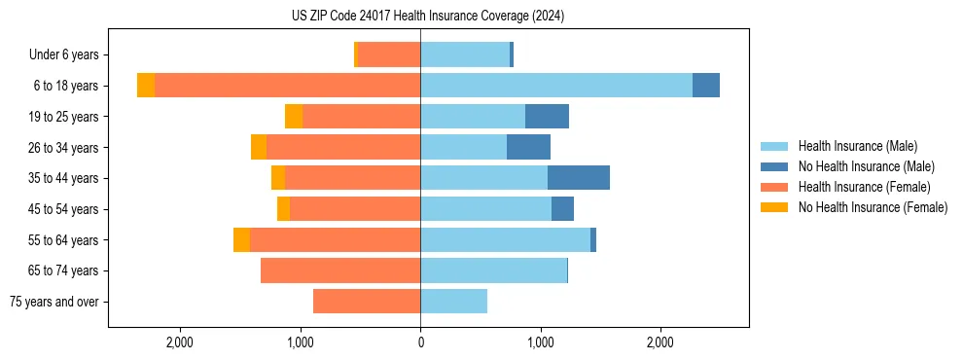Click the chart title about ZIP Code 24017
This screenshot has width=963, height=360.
(x=428, y=17)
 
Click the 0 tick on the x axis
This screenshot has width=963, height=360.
(x=420, y=342)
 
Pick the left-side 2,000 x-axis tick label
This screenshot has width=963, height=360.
(x=180, y=342)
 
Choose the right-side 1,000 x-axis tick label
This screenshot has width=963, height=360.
(x=540, y=342)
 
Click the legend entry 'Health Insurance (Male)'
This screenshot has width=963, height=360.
(x=857, y=146)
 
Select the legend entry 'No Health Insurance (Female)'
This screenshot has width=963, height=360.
(x=873, y=207)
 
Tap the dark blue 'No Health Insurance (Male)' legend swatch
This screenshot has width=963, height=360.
(x=774, y=166)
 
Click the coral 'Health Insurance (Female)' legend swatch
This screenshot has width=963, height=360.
(x=774, y=187)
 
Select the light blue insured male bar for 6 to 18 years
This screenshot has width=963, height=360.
(x=555, y=86)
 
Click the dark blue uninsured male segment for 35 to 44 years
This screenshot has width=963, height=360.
(x=579, y=178)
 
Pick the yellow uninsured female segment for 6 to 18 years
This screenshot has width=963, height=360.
(x=146, y=86)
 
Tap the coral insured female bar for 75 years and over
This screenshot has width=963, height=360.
(x=367, y=302)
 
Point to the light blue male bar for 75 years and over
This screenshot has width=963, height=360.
(x=453, y=302)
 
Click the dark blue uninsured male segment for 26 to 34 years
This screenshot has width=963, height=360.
(x=528, y=147)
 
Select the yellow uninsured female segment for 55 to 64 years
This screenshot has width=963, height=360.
(x=241, y=240)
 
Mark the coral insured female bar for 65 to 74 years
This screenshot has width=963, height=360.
(x=340, y=270)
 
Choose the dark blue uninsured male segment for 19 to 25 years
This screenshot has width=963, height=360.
(x=547, y=117)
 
